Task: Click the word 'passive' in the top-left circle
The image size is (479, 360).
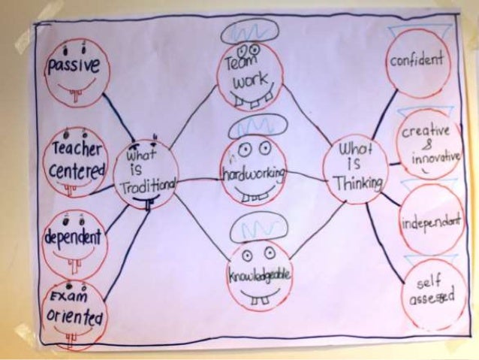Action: click(x=74, y=66)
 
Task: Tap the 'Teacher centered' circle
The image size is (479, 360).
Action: click(x=77, y=159)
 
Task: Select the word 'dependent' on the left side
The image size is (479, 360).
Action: click(x=73, y=237)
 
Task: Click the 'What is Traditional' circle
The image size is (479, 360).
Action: click(x=147, y=173)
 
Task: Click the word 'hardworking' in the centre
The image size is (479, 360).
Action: click(x=253, y=174)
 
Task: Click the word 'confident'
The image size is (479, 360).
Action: click(x=417, y=60)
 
